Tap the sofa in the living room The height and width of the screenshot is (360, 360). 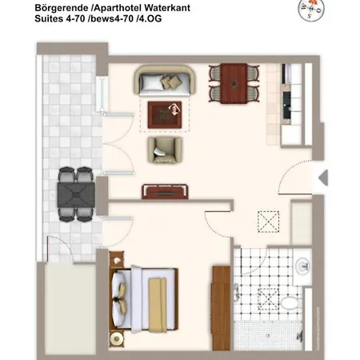coord(165,80)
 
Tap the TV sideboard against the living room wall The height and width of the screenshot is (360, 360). coord(166,191)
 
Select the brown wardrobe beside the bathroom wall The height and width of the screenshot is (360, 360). coord(220,298)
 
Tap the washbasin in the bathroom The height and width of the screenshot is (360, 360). coord(302,266)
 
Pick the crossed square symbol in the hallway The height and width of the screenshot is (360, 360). coord(266,220)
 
